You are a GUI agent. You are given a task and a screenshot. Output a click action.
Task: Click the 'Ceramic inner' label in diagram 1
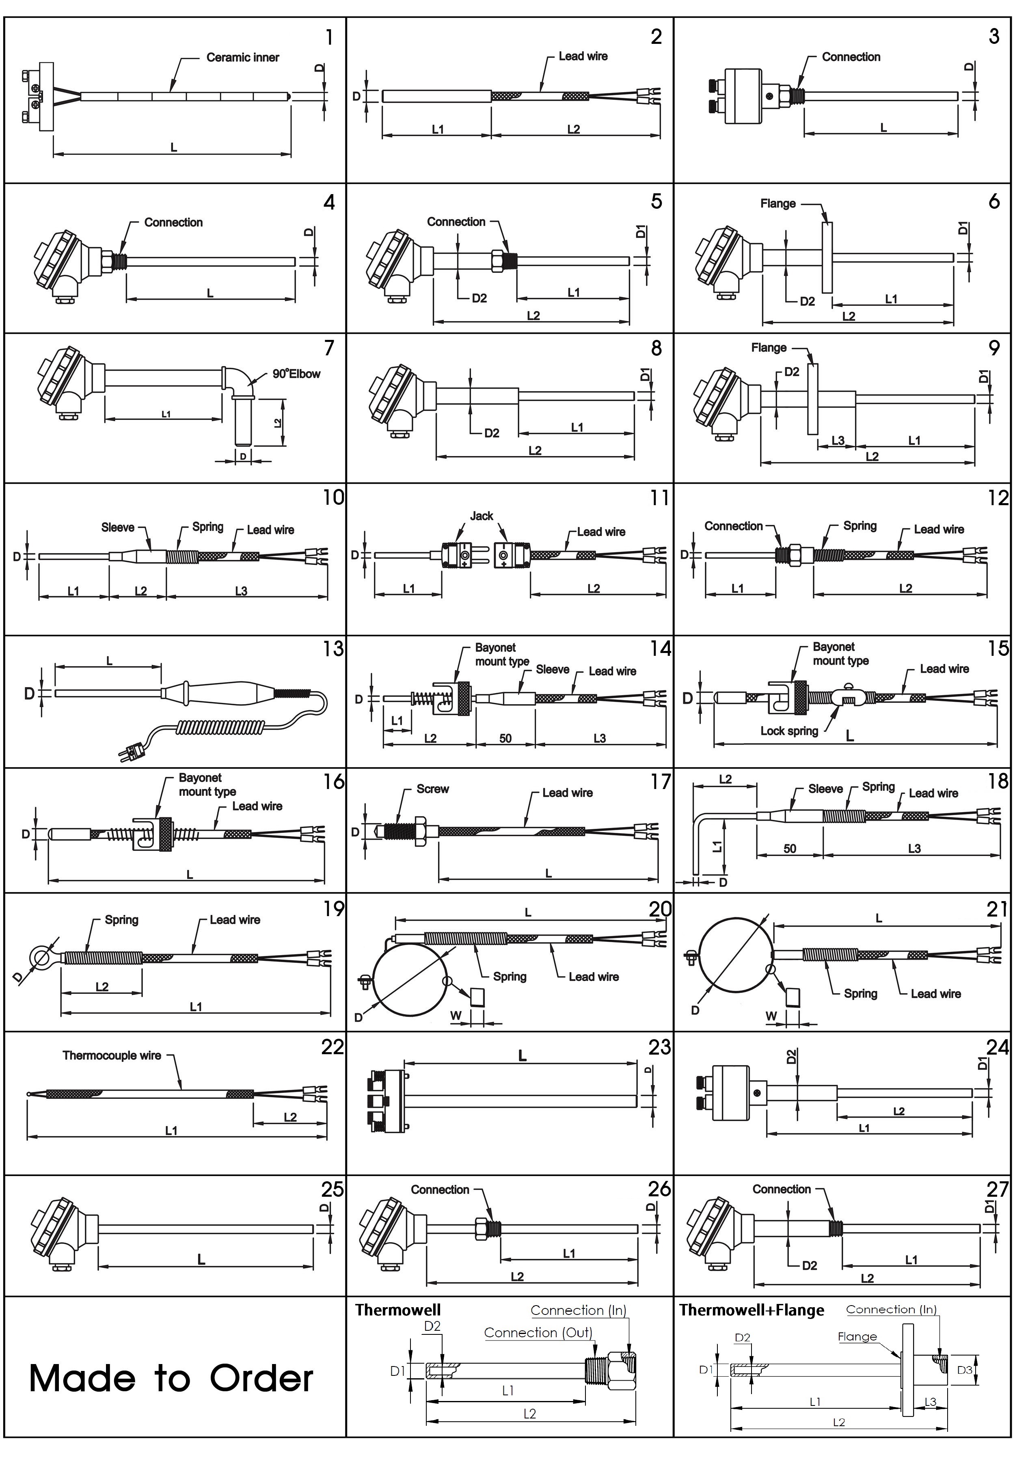click(242, 57)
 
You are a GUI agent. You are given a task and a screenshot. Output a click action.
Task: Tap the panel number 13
click(333, 649)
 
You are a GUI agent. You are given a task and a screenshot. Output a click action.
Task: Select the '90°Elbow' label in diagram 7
click(296, 374)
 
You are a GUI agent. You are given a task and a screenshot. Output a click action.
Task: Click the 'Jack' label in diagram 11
click(482, 516)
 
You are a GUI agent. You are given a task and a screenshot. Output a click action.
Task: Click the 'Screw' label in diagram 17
click(432, 789)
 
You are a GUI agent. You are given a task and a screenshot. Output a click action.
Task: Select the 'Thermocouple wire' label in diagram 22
click(112, 1055)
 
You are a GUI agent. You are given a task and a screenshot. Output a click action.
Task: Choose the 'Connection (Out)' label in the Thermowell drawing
click(538, 1332)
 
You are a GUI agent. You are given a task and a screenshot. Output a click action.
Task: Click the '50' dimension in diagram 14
click(505, 738)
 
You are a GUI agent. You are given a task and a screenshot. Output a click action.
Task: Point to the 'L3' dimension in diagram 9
click(838, 440)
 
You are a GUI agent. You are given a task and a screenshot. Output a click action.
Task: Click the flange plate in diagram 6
click(827, 257)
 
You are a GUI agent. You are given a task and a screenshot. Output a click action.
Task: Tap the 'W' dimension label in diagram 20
click(456, 1016)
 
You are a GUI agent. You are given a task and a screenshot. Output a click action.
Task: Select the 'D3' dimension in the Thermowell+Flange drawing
click(965, 1369)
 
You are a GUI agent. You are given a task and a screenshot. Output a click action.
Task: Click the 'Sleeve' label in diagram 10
click(118, 527)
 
